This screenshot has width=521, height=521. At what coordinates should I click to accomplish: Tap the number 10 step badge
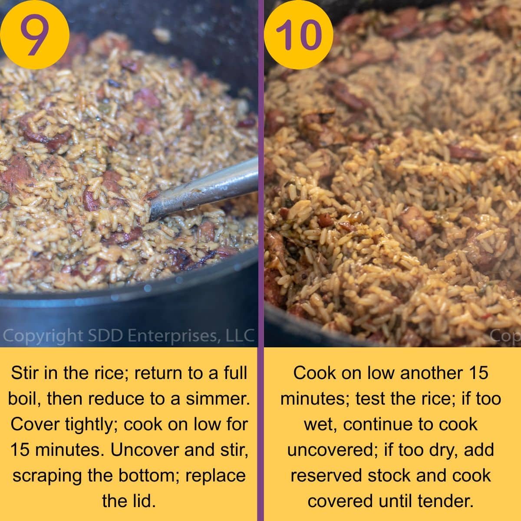298,35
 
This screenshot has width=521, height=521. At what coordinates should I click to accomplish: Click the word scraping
47,475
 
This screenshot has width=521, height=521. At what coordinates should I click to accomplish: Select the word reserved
326,475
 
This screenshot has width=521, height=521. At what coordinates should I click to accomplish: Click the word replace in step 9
215,475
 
